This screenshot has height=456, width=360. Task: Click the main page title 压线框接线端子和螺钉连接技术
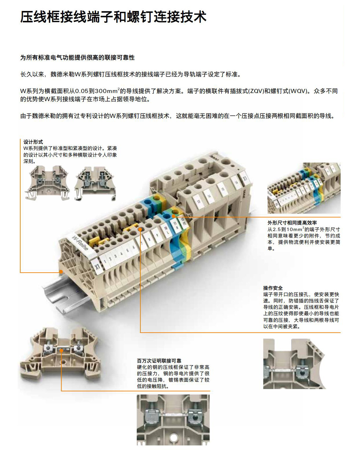(114, 17)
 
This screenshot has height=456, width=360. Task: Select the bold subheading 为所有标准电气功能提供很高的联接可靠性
(77, 58)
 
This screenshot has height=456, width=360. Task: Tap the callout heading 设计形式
(33, 142)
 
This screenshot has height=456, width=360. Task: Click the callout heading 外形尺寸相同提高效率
(292, 223)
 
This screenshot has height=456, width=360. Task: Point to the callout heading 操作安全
(273, 288)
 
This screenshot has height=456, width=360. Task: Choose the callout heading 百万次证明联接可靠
(159, 361)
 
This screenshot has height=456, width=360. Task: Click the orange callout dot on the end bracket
(61, 272)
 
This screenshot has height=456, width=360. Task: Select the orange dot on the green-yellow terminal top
(173, 216)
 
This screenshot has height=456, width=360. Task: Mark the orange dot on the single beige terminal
(61, 351)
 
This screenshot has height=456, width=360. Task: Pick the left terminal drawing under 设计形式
(47, 183)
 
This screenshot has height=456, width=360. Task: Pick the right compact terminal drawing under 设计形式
(95, 183)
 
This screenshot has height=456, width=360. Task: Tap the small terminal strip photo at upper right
(304, 188)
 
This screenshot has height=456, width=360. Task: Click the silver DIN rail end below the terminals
(64, 297)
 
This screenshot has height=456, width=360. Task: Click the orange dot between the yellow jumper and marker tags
(140, 230)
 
